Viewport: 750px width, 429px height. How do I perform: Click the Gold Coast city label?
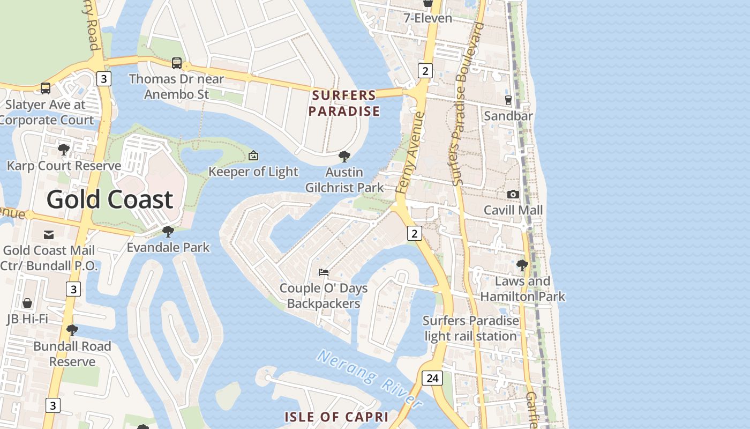click(110, 199)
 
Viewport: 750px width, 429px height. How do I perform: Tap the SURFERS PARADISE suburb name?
click(345, 103)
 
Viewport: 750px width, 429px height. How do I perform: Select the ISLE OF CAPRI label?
click(336, 417)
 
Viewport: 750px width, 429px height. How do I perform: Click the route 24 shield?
click(432, 378)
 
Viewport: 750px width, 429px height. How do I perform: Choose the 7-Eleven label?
click(427, 18)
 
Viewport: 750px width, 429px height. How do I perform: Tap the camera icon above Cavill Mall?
click(513, 194)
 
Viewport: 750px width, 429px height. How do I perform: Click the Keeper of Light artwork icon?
click(253, 156)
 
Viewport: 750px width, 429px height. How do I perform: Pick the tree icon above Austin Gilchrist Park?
click(344, 157)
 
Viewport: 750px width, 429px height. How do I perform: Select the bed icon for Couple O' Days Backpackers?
click(324, 272)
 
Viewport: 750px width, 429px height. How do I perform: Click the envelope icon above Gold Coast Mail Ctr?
click(49, 234)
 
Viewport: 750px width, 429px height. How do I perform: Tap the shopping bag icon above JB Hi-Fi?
click(27, 303)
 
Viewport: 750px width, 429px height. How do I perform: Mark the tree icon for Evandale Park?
click(168, 232)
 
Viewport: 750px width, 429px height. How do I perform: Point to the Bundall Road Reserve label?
click(72, 354)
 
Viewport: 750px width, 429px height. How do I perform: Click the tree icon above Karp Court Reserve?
click(64, 150)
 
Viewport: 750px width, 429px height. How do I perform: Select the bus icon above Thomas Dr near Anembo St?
click(177, 63)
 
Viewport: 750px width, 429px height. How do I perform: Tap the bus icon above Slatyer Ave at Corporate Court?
click(46, 88)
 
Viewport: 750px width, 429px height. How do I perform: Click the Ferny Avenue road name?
click(410, 153)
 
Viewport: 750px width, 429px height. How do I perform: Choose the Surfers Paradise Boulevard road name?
click(467, 105)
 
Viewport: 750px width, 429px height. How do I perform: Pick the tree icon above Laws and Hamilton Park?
click(522, 265)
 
